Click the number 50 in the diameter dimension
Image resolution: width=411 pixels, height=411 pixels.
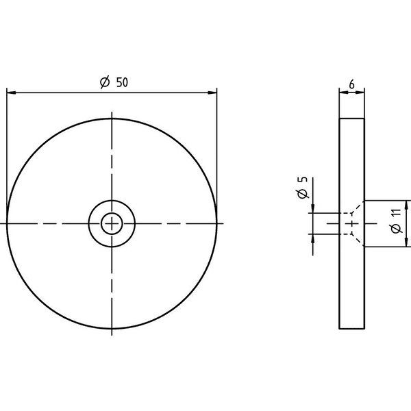pos(122,82)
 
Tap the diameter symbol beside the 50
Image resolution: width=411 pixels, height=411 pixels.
pos(105,82)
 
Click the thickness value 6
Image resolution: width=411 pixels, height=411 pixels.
pos(352,84)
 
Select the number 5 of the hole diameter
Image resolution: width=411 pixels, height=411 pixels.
pos(303,179)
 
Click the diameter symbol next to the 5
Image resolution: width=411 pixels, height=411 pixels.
pos(303,193)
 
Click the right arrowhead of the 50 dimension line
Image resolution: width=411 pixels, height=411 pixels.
pos(212,92)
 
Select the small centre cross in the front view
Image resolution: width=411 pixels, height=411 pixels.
pos(112,223)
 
